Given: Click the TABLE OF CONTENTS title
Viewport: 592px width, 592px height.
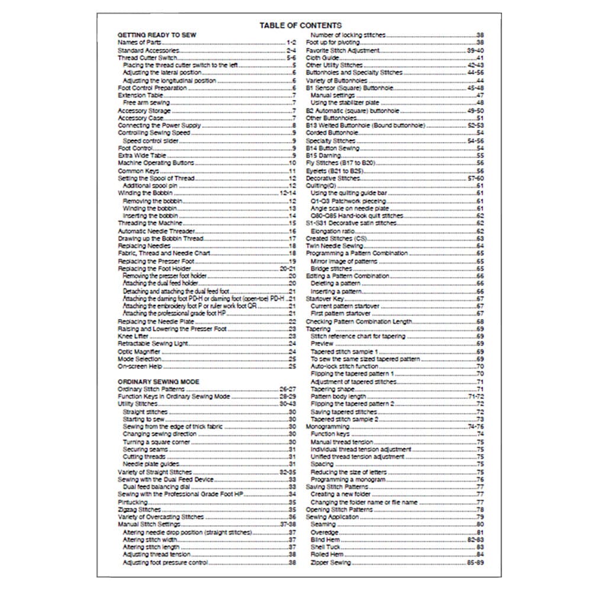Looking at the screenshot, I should click(300, 25).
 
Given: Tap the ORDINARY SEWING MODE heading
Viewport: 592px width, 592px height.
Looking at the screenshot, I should click(158, 381).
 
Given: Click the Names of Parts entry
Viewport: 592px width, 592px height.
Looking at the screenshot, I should click(136, 43).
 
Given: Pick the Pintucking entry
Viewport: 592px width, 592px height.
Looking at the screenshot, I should click(133, 501).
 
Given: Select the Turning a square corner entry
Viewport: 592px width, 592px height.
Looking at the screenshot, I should click(148, 442).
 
